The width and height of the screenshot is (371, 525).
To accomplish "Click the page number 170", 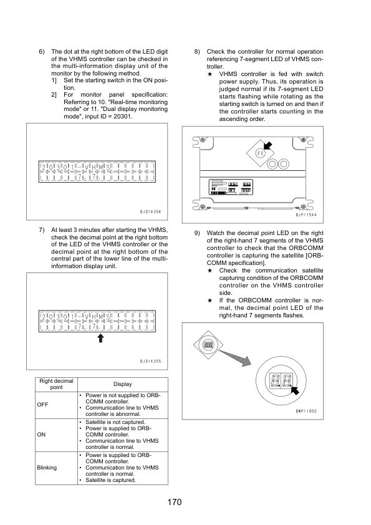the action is pyautogui.click(x=175, y=502).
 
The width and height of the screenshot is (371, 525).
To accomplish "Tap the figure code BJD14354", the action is pyautogui.click(x=150, y=211).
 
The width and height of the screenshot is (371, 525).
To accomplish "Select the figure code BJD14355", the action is pyautogui.click(x=150, y=361).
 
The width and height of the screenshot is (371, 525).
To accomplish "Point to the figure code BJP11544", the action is pyautogui.click(x=306, y=214).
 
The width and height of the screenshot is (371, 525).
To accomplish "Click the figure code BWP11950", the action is pyautogui.click(x=306, y=411).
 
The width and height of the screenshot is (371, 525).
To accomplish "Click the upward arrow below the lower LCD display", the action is pyautogui.click(x=100, y=338).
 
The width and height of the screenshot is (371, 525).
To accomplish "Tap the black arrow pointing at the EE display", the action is pyautogui.click(x=268, y=145).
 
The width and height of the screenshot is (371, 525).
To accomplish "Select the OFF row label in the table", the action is pyautogui.click(x=42, y=405).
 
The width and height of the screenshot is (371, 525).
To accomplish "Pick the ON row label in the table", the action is pyautogui.click(x=41, y=435).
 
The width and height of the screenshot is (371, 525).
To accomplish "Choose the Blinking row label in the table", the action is pyautogui.click(x=47, y=468).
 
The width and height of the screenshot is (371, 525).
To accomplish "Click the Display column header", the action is pyautogui.click(x=123, y=384).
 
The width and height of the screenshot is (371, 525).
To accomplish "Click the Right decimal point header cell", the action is pyautogui.click(x=56, y=384).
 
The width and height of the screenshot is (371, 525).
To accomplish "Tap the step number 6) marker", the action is pyautogui.click(x=42, y=52).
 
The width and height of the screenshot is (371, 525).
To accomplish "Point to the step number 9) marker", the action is pyautogui.click(x=197, y=233).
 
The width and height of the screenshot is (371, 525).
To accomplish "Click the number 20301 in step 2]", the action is pyautogui.click(x=122, y=117).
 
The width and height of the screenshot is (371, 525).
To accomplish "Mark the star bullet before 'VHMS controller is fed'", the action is pyautogui.click(x=210, y=74).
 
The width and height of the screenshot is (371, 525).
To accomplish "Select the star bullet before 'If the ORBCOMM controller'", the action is pyautogui.click(x=210, y=301).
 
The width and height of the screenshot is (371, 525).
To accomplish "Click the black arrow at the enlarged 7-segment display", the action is pyautogui.click(x=295, y=390).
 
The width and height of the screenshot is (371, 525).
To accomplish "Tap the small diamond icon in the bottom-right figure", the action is pyautogui.click(x=208, y=345).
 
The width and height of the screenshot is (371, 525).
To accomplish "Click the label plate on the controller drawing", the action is pyautogui.click(x=231, y=187).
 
